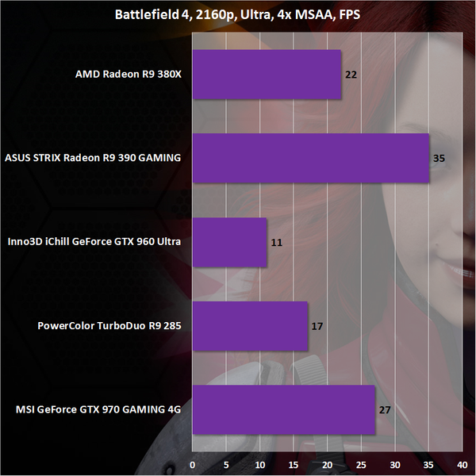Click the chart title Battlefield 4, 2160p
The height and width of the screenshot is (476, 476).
coord(238,13)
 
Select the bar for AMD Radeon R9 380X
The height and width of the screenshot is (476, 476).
coord(267,75)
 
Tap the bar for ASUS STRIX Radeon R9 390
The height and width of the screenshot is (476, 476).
coord(310,158)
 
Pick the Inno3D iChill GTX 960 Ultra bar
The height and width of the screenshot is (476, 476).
coord(229,242)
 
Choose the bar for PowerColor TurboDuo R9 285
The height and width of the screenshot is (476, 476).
coord(250,325)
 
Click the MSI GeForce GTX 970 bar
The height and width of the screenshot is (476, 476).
coord(283,409)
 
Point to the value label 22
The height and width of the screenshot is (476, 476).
coord(350,75)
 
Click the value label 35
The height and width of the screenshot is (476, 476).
coord(439,158)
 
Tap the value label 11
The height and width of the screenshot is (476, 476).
coord(277,242)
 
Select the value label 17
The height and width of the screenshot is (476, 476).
coord(317,325)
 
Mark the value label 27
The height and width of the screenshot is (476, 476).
coord(385,409)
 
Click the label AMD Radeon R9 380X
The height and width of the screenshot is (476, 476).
coord(129,75)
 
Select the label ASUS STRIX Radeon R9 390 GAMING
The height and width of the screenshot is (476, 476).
coord(93,158)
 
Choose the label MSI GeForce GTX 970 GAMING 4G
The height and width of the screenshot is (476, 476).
coord(98,409)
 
